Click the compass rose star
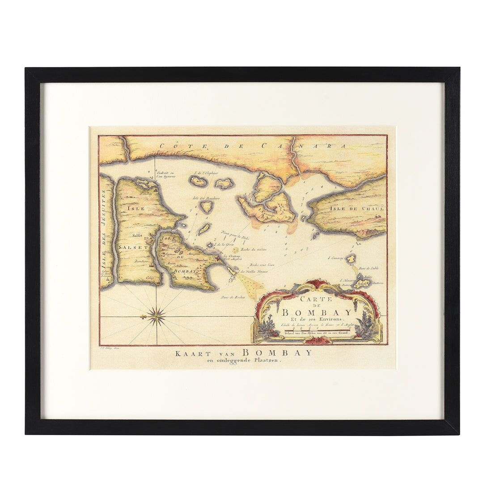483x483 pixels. [157, 317]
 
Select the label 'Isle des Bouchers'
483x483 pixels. [206, 198]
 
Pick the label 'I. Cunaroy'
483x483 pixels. [335, 258]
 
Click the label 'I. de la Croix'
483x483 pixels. [224, 245]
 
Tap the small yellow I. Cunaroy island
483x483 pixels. [351, 258]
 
